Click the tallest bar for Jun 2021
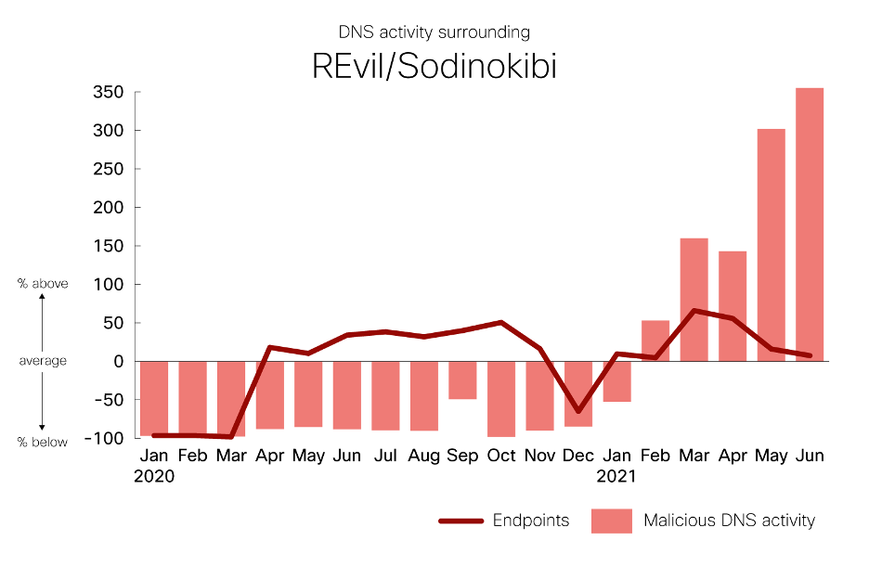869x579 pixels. click(810, 224)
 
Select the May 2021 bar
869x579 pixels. click(771, 245)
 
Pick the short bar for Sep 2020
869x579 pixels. click(462, 380)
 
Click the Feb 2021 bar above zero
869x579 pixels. click(655, 341)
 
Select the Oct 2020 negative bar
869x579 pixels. click(501, 398)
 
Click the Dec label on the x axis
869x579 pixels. click(578, 457)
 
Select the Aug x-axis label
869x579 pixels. click(423, 457)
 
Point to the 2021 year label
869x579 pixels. click(616, 477)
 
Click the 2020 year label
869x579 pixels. click(154, 477)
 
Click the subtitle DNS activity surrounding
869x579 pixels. click(434, 32)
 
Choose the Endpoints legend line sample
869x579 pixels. click(461, 521)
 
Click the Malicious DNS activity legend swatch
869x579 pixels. click(611, 521)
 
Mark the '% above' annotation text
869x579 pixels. click(43, 284)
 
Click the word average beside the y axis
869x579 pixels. click(43, 360)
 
